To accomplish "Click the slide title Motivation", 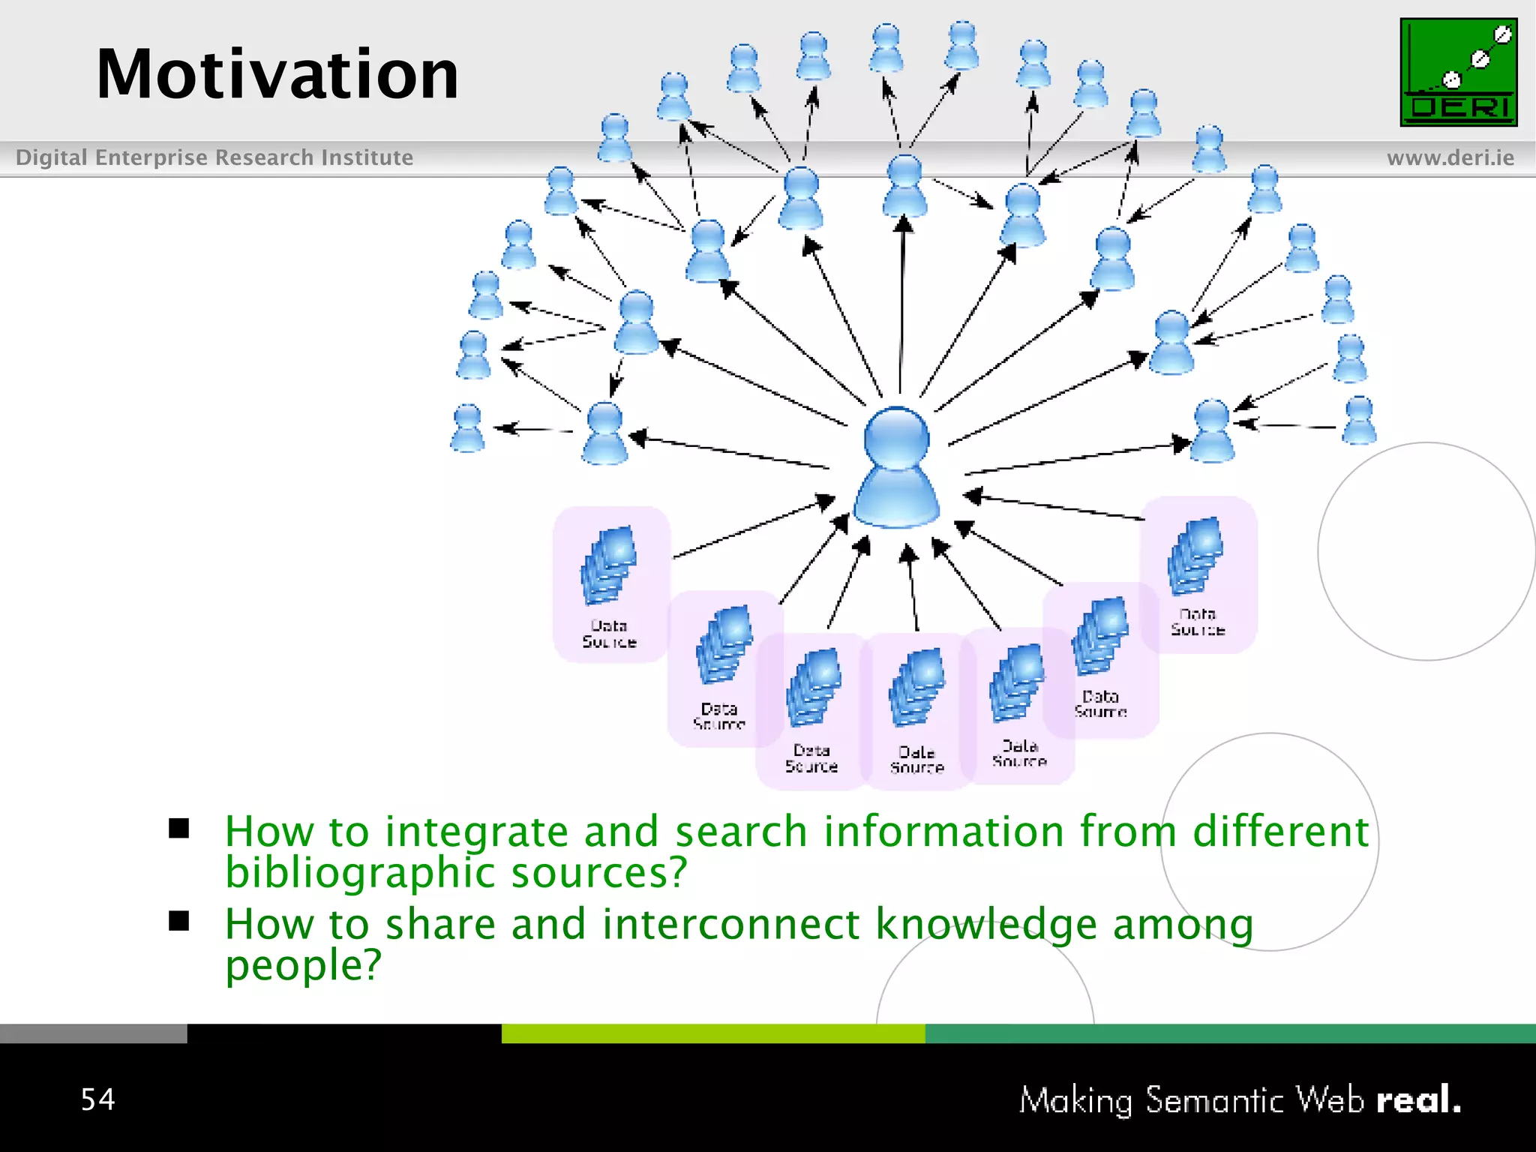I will coord(277,74).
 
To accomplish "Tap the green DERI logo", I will coord(1458,72).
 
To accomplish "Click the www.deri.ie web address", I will coord(1450,158).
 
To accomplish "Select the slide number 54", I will coord(98,1099).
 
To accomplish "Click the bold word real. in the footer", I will coord(1418,1100).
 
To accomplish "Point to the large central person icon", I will coord(896,469).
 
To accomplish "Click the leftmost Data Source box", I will coord(610,584).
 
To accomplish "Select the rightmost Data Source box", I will coord(1198,574).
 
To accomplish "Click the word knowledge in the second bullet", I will coord(986,924).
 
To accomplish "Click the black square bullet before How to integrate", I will coord(179,829).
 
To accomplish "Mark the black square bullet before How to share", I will coord(179,921).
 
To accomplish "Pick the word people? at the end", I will coord(304,965).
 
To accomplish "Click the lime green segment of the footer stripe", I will coord(712,1033).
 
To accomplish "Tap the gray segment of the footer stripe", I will coord(93,1033).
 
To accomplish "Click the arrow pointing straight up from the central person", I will coord(902,300).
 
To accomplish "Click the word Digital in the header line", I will coord(52,157).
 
